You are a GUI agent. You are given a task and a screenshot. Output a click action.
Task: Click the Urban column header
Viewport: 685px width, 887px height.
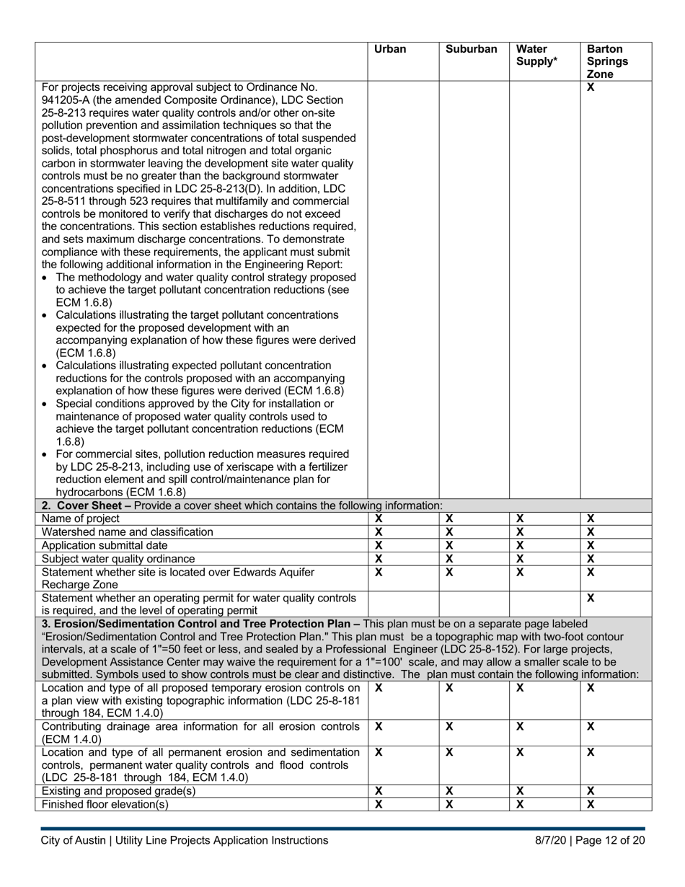tap(390, 50)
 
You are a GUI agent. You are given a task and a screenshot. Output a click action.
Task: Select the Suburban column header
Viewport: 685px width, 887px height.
tap(471, 50)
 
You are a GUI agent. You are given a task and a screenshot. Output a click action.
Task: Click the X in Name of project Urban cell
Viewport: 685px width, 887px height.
tap(379, 518)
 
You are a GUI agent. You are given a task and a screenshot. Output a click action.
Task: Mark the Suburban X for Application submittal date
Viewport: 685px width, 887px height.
tap(449, 545)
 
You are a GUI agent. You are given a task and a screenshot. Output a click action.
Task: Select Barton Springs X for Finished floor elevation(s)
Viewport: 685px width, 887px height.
tap(591, 805)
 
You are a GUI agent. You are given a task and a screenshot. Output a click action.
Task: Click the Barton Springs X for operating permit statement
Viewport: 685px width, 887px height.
tap(591, 598)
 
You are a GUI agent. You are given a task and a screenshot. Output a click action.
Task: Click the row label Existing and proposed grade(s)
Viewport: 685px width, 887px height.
tap(119, 791)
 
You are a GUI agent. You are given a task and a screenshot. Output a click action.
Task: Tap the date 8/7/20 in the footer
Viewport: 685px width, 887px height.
tap(552, 840)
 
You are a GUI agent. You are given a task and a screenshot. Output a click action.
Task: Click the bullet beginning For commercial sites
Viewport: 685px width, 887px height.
tap(202, 454)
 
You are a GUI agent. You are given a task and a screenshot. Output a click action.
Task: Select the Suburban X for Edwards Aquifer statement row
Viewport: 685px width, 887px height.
tap(449, 572)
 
